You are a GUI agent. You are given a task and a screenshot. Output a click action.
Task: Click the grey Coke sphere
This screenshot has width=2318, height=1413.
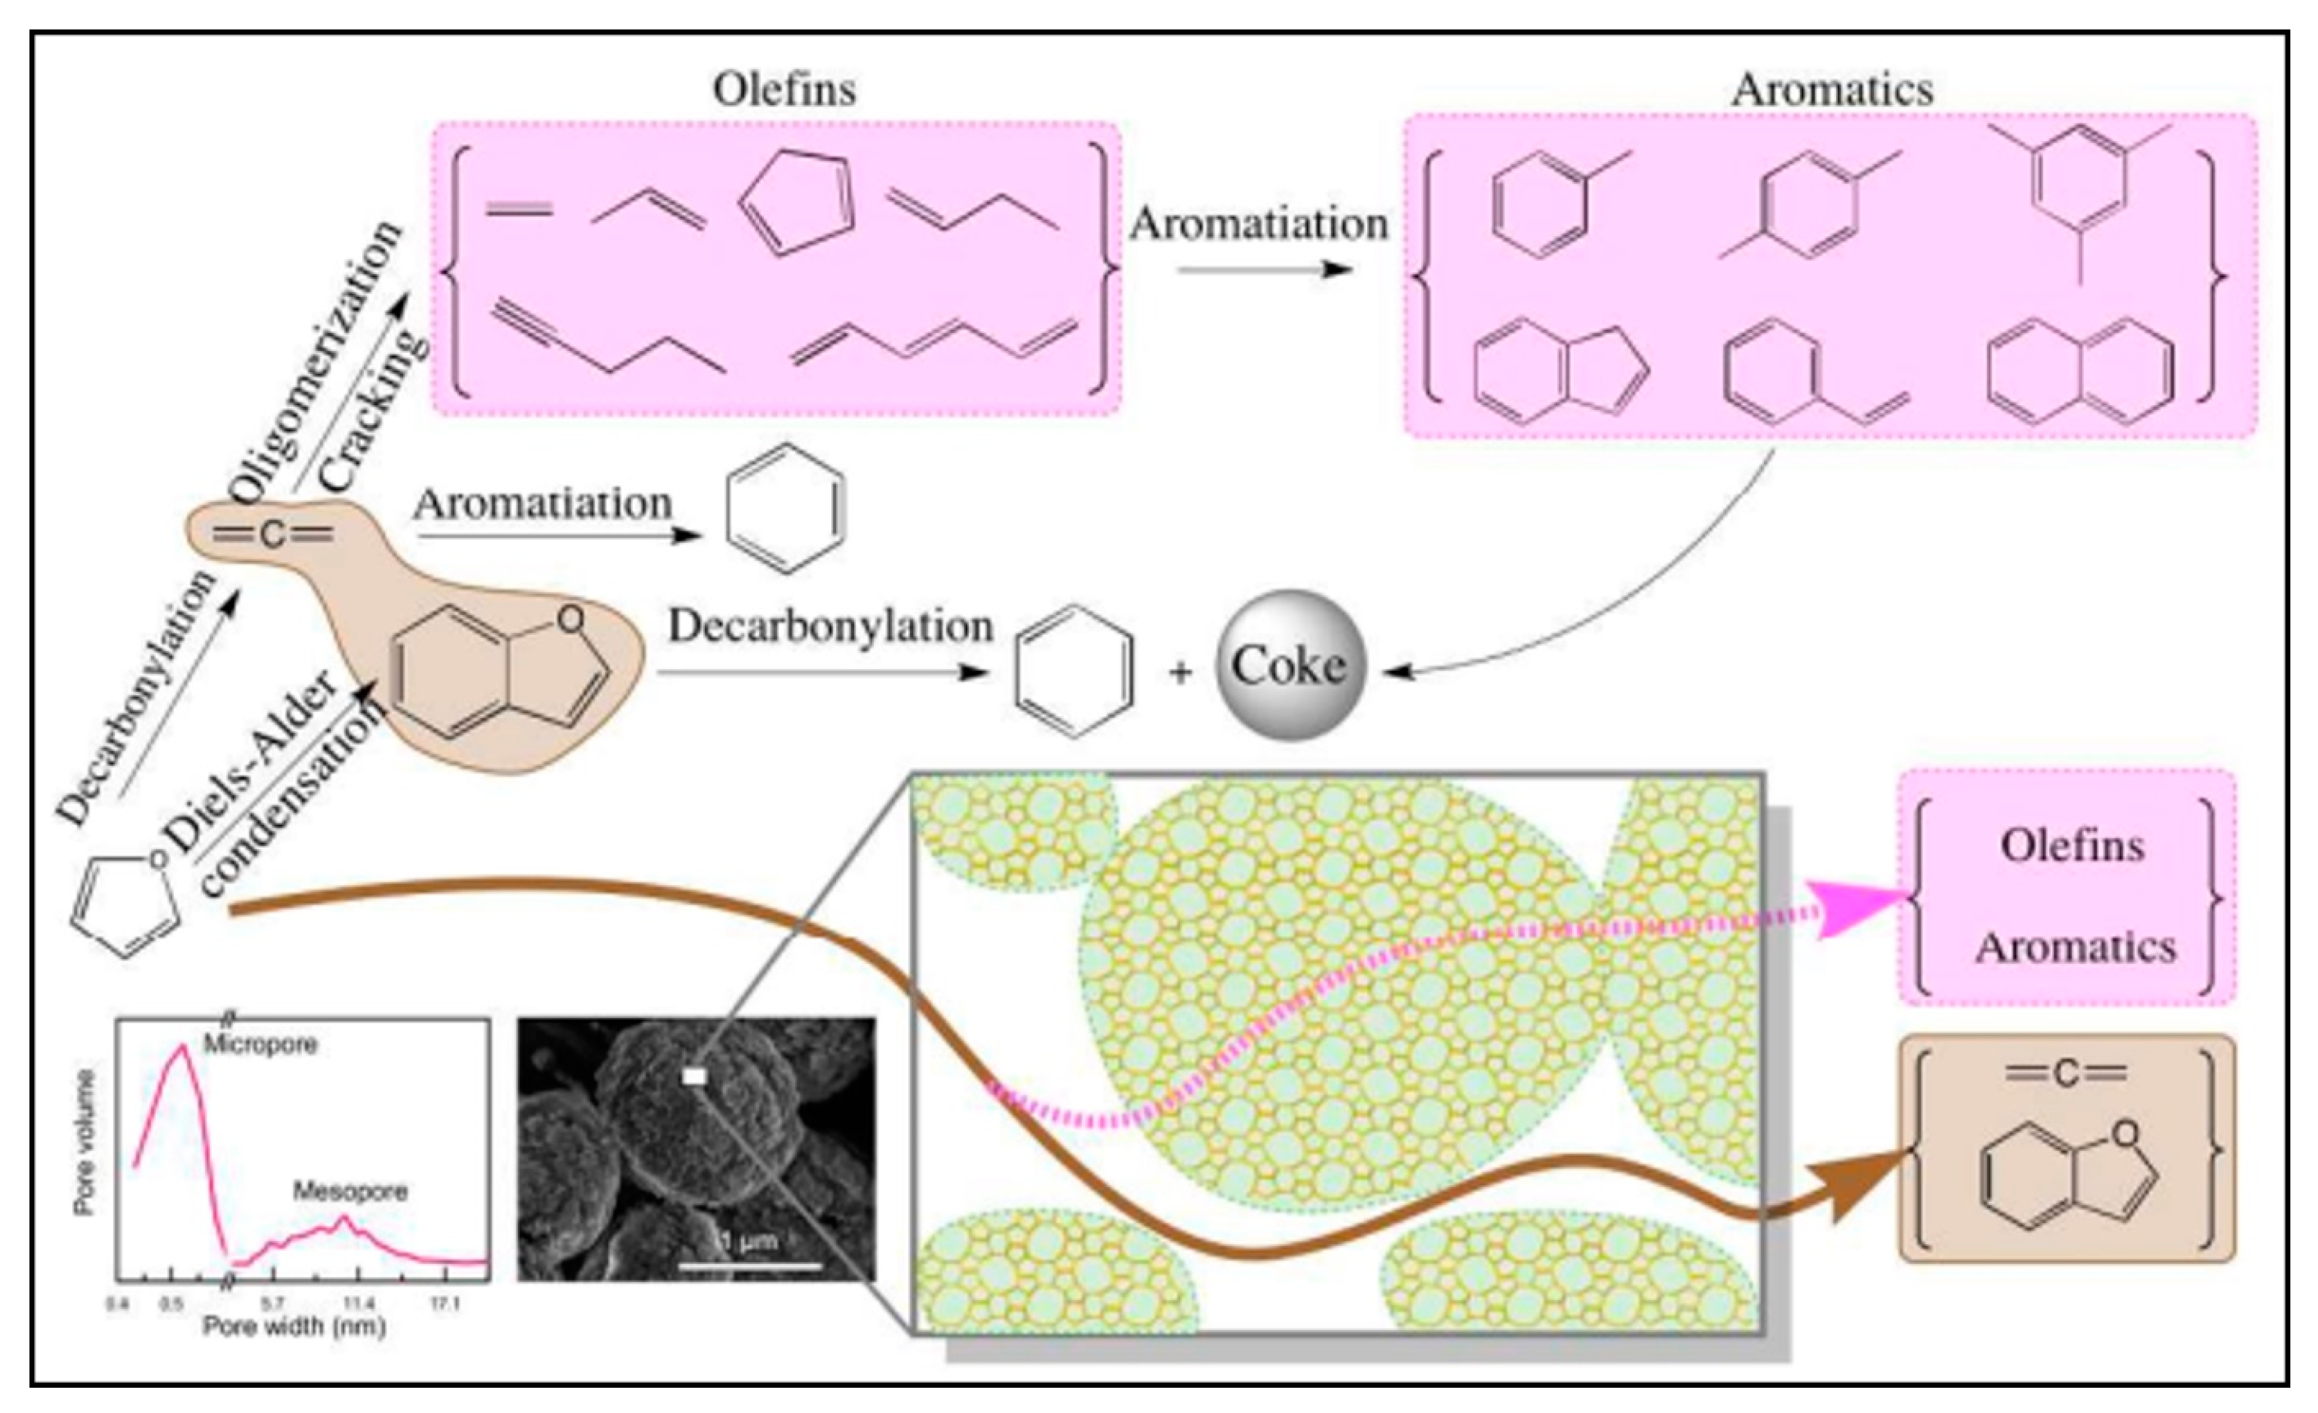[x=1289, y=665]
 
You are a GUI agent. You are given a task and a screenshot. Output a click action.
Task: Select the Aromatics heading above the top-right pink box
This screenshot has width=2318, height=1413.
[x=1832, y=90]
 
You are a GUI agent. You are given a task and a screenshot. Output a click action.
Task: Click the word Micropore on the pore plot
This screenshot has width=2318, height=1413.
[x=261, y=1044]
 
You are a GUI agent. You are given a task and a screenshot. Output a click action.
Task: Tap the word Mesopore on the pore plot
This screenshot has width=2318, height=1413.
[x=350, y=1192]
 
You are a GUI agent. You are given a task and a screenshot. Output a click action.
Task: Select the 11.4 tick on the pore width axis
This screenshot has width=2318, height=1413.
[x=358, y=1305]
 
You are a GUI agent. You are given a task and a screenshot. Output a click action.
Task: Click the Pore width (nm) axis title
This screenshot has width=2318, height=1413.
[x=294, y=1326]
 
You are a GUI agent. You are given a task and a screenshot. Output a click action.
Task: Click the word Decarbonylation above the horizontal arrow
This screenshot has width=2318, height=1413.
[x=831, y=626]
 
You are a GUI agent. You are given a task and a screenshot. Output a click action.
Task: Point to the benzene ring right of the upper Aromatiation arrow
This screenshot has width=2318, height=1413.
[x=785, y=508]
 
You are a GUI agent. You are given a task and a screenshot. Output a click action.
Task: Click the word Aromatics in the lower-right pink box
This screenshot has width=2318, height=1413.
[x=2075, y=947]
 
